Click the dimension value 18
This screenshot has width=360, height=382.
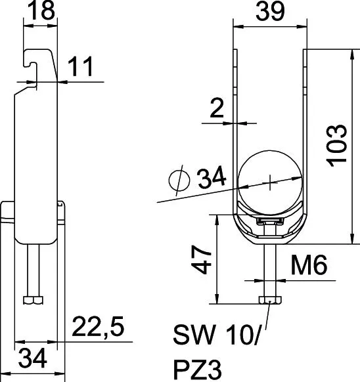pos(41,10)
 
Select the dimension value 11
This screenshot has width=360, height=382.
pos(80,66)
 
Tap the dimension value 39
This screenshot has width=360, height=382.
pos(270,11)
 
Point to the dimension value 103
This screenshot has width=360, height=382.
pos(337,146)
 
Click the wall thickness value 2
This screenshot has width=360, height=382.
pos(217,108)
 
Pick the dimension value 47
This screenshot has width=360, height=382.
pos(201,259)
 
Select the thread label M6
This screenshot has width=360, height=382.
pos(309,265)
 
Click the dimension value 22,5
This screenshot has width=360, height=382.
pos(98,326)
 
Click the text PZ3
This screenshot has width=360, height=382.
pos(197,370)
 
